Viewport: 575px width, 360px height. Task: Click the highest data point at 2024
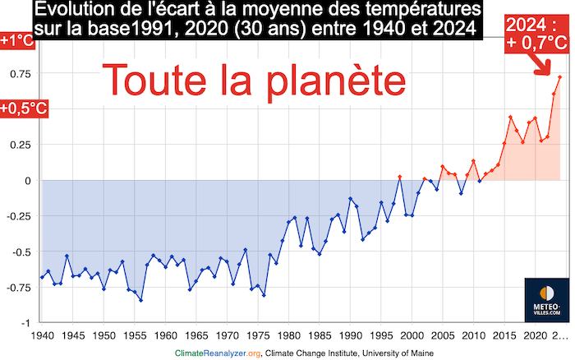[x=559, y=77]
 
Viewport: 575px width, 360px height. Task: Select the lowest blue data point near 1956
[x=140, y=300]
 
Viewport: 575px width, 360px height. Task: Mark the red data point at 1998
[x=400, y=177]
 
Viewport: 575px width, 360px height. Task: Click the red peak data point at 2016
[x=510, y=118]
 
